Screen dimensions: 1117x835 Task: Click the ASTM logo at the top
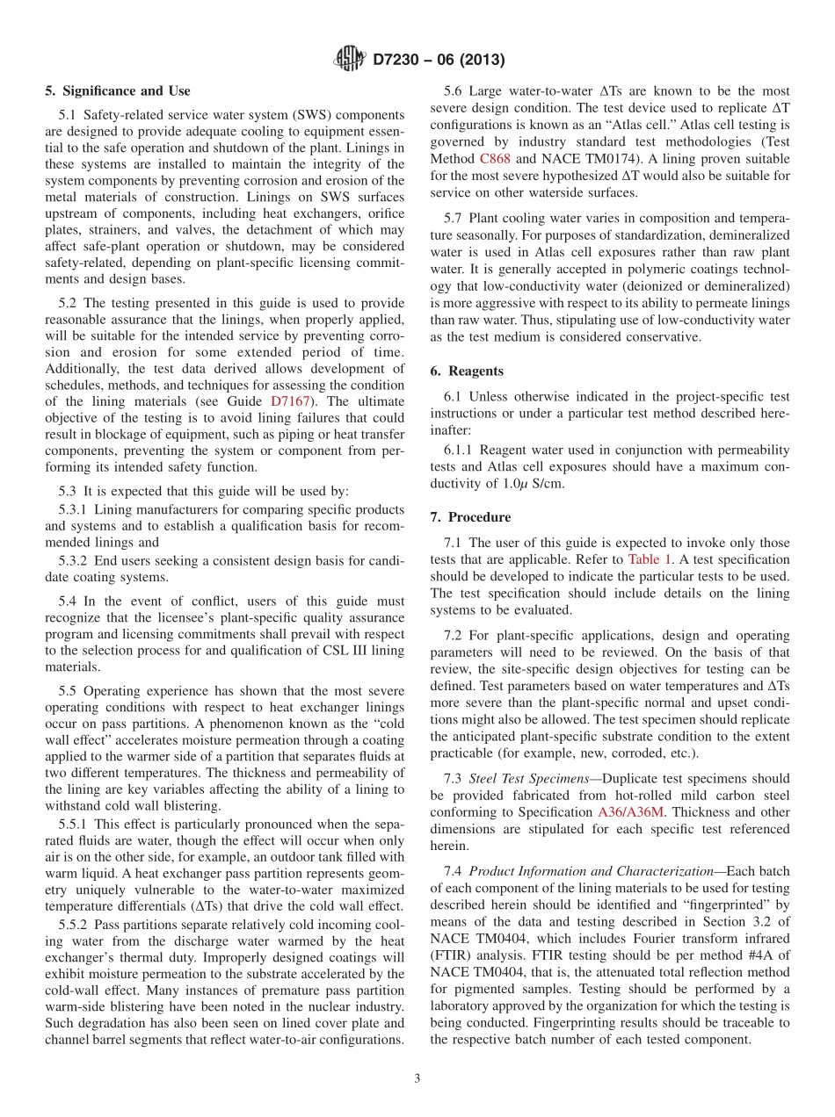pyautogui.click(x=350, y=60)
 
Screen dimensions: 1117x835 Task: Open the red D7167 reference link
pyautogui.click(x=289, y=400)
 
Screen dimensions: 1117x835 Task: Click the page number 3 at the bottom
pyautogui.click(x=417, y=1079)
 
